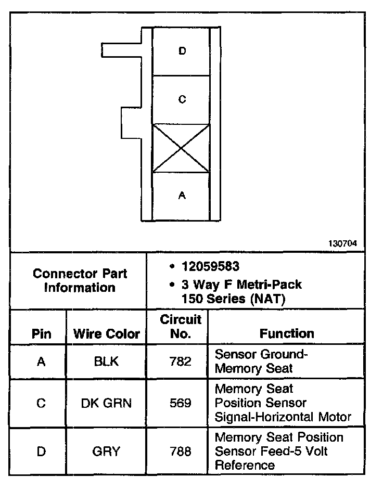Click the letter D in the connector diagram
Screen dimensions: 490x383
(x=182, y=51)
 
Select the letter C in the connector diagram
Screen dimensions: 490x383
(x=182, y=99)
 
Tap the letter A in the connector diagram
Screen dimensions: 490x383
(x=182, y=196)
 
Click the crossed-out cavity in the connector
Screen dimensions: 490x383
(x=181, y=148)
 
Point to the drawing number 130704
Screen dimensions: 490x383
(x=342, y=243)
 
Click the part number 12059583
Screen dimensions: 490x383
(x=210, y=267)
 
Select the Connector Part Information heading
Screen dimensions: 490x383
(x=80, y=280)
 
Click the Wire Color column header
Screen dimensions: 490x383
(x=107, y=334)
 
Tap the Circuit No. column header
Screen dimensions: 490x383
(x=181, y=326)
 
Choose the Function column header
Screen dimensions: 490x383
(x=287, y=333)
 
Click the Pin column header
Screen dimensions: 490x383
(x=42, y=334)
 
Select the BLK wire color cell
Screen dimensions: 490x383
(x=106, y=362)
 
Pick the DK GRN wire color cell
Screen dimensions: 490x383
(x=106, y=403)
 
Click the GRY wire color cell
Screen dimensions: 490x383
(x=106, y=452)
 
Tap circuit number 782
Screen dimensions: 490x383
(x=181, y=362)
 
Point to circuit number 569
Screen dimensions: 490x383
(x=181, y=403)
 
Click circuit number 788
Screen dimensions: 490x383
(x=181, y=452)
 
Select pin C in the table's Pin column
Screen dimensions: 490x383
(x=42, y=403)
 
